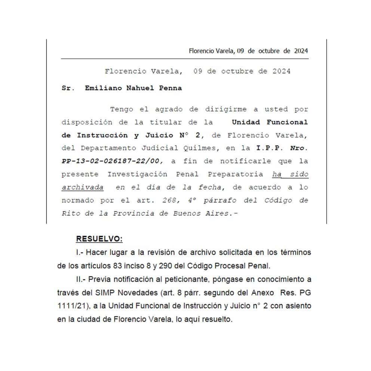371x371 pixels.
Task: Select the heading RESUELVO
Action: point(99,239)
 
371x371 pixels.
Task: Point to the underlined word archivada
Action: point(82,187)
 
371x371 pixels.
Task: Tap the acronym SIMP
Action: point(108,293)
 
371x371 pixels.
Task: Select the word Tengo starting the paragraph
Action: point(122,109)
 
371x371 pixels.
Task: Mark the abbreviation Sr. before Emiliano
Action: point(68,88)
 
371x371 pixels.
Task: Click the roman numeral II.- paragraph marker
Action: point(81,279)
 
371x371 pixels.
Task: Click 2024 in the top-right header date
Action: point(301,51)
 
